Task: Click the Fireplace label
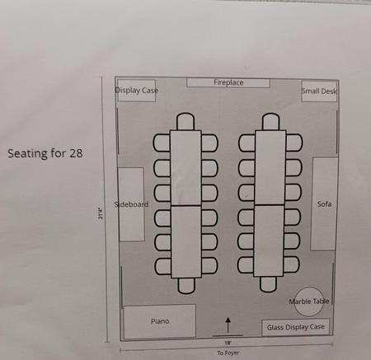click(x=228, y=82)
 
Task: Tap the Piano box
click(x=160, y=320)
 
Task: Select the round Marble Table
click(x=308, y=302)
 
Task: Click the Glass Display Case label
click(x=296, y=327)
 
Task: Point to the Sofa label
click(x=324, y=204)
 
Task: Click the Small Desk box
click(x=319, y=91)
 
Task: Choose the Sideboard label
click(x=131, y=204)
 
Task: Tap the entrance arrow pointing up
click(x=228, y=325)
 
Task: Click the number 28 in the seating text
click(x=76, y=153)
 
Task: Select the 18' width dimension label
click(x=228, y=343)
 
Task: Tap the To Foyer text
click(x=228, y=353)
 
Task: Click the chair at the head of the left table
click(x=185, y=121)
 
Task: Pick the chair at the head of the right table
click(x=270, y=122)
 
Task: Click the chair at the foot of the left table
click(x=186, y=286)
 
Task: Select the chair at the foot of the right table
click(x=268, y=284)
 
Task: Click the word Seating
click(x=27, y=153)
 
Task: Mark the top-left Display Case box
click(x=137, y=91)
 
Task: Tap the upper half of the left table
click(x=185, y=168)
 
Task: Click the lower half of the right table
click(x=269, y=241)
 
